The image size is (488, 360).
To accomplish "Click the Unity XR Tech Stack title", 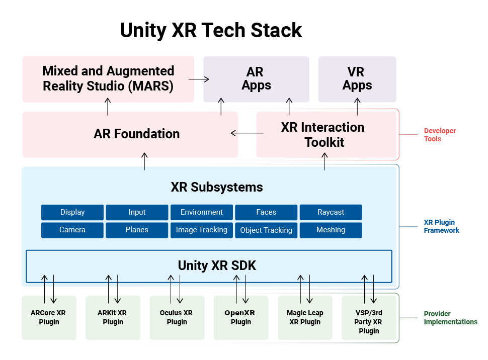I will pos(211,30).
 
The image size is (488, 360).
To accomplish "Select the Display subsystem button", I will pos(72,212).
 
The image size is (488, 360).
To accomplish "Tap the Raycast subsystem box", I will pos(331,212).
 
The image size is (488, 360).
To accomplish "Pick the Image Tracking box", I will pos(201,230).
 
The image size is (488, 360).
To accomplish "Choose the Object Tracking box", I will pos(266,230).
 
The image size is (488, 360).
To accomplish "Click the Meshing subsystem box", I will pos(331,230).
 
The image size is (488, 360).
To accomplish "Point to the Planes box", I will pos(137,230).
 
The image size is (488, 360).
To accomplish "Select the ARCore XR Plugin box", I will pos(49,317).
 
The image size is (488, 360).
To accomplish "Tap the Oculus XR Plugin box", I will pos(177,317).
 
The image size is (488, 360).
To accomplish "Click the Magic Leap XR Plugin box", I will pos(305,317).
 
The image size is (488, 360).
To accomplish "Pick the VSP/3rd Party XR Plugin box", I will pos(369,321).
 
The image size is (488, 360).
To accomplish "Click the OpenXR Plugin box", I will pos(240,317).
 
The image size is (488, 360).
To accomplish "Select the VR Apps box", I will pos(357,79).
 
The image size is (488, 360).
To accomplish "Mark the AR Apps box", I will pos(256,79).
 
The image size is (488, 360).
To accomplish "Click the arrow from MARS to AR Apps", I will pos(199,79).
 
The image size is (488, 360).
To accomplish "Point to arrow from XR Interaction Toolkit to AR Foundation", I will pos(247,133).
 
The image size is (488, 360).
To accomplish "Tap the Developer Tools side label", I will pos(440,135).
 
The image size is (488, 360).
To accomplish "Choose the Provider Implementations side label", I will pos(450,318).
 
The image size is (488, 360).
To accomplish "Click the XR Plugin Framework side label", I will pos(441,226).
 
